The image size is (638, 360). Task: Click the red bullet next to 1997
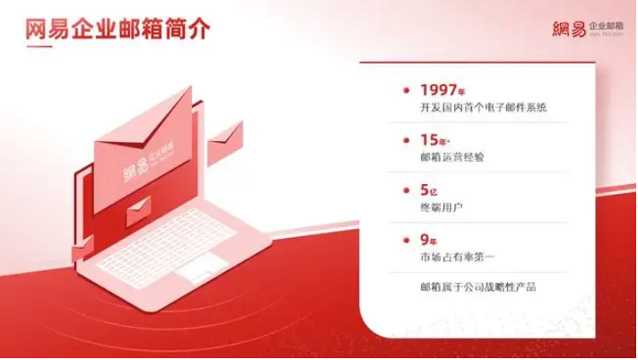tap(408, 91)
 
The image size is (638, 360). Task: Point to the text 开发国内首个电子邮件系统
tap(483, 109)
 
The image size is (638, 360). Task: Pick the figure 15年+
tap(438, 141)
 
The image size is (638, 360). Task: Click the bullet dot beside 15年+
tap(408, 141)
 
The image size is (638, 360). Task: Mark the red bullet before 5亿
tap(408, 191)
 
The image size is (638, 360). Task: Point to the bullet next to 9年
tap(408, 241)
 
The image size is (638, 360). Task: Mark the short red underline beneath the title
tap(35, 48)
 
